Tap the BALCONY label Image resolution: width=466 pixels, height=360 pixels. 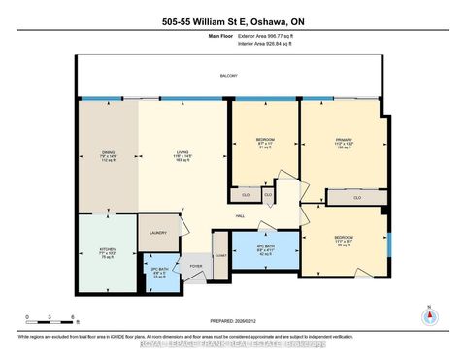coord(228,76)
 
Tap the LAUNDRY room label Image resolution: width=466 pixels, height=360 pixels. coord(159,233)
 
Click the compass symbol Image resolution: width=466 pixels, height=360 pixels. coord(426,315)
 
